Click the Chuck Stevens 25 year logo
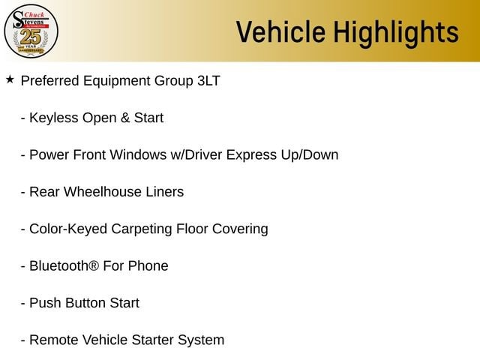pyautogui.click(x=31, y=31)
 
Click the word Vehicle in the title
pyautogui.click(x=280, y=31)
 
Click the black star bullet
pyautogui.click(x=10, y=79)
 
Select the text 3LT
pyautogui.click(x=208, y=81)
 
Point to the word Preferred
pyautogui.click(x=50, y=81)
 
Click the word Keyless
pyautogui.click(x=54, y=118)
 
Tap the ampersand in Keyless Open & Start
pyautogui.click(x=125, y=118)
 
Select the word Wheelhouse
pyautogui.click(x=102, y=192)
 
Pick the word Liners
pyautogui.click(x=165, y=192)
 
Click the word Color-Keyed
pyautogui.click(x=68, y=229)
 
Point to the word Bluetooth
pyautogui.click(x=58, y=266)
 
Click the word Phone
pyautogui.click(x=148, y=266)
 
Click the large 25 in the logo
pyautogui.click(x=31, y=37)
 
